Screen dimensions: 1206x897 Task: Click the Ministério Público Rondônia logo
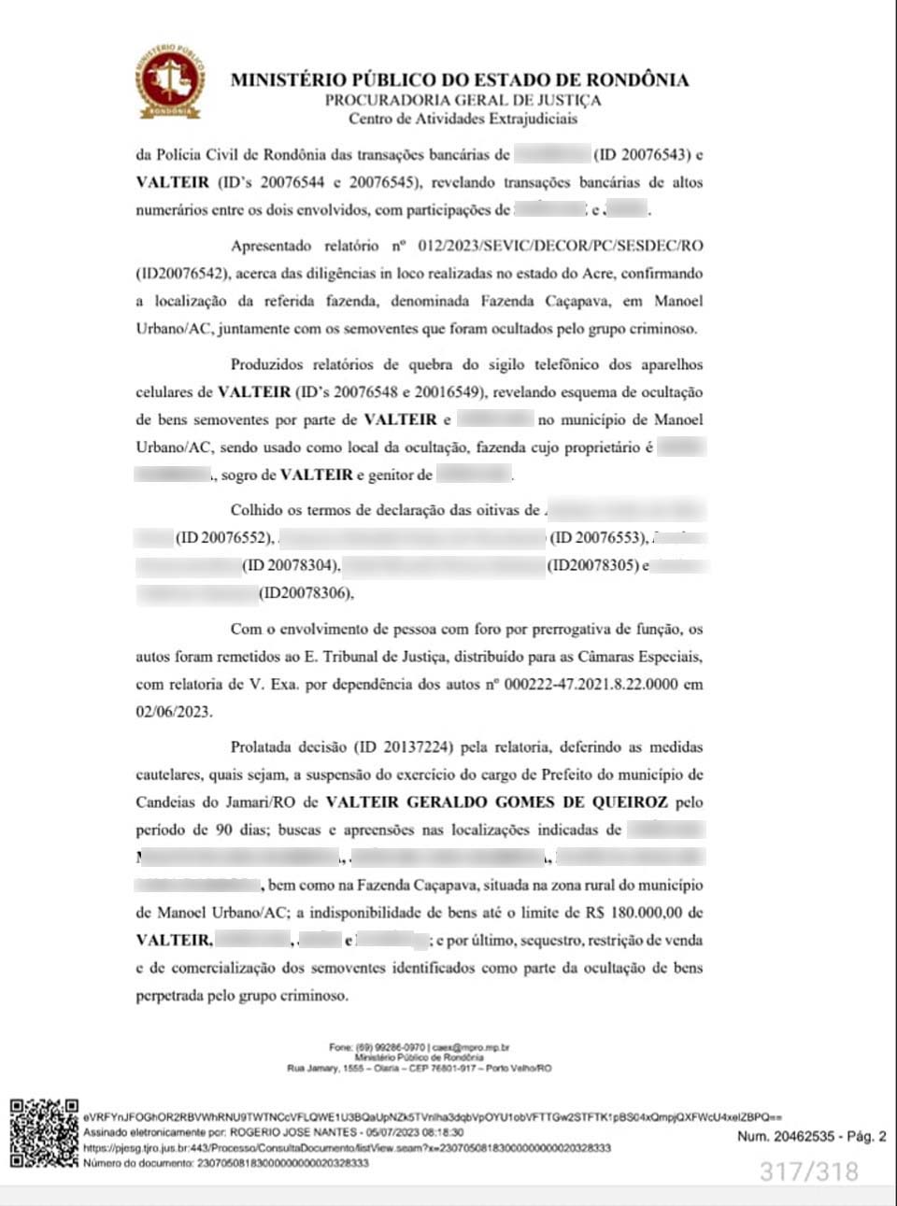coord(171,81)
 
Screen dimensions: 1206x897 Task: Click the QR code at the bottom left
coord(43,1134)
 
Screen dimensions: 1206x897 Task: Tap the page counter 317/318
coord(808,1171)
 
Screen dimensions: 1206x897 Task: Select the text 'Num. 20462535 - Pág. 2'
coord(811,1137)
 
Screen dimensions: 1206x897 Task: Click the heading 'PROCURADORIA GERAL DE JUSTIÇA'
coord(463,100)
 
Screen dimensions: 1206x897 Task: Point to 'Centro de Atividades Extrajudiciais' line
coord(463,119)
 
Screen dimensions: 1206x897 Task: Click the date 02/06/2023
coord(174,711)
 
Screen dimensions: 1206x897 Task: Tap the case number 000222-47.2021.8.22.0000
coord(591,684)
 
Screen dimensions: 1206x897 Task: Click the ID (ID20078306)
coord(306,592)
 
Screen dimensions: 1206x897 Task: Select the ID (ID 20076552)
coord(224,537)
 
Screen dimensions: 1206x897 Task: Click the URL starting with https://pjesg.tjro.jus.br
coord(347,1147)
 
